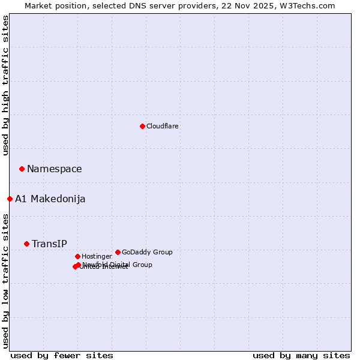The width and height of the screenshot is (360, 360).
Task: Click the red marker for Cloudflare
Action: (x=142, y=126)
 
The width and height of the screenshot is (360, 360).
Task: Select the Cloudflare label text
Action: (x=162, y=126)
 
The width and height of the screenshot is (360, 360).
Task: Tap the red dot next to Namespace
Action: (x=22, y=169)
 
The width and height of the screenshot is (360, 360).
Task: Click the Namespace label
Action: (x=54, y=169)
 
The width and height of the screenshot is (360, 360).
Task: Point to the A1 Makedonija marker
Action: (x=10, y=199)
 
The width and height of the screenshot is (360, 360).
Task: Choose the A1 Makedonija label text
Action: (x=50, y=199)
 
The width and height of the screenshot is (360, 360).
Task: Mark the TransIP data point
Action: (x=26, y=244)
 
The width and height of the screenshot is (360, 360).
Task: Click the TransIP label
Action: (x=49, y=244)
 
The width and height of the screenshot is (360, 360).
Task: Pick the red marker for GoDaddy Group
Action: (x=118, y=252)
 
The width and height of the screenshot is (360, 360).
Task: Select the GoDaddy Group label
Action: (x=147, y=253)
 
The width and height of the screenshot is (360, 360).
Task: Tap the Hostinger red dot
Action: (x=77, y=256)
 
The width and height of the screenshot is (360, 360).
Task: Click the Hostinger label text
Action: (x=97, y=257)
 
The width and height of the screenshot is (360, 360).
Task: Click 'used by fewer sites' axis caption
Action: (x=62, y=356)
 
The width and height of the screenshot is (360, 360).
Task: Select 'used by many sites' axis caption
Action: (x=301, y=356)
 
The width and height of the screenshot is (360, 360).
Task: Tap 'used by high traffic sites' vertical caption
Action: (x=6, y=86)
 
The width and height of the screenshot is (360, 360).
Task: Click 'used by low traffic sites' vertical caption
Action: (x=6, y=281)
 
